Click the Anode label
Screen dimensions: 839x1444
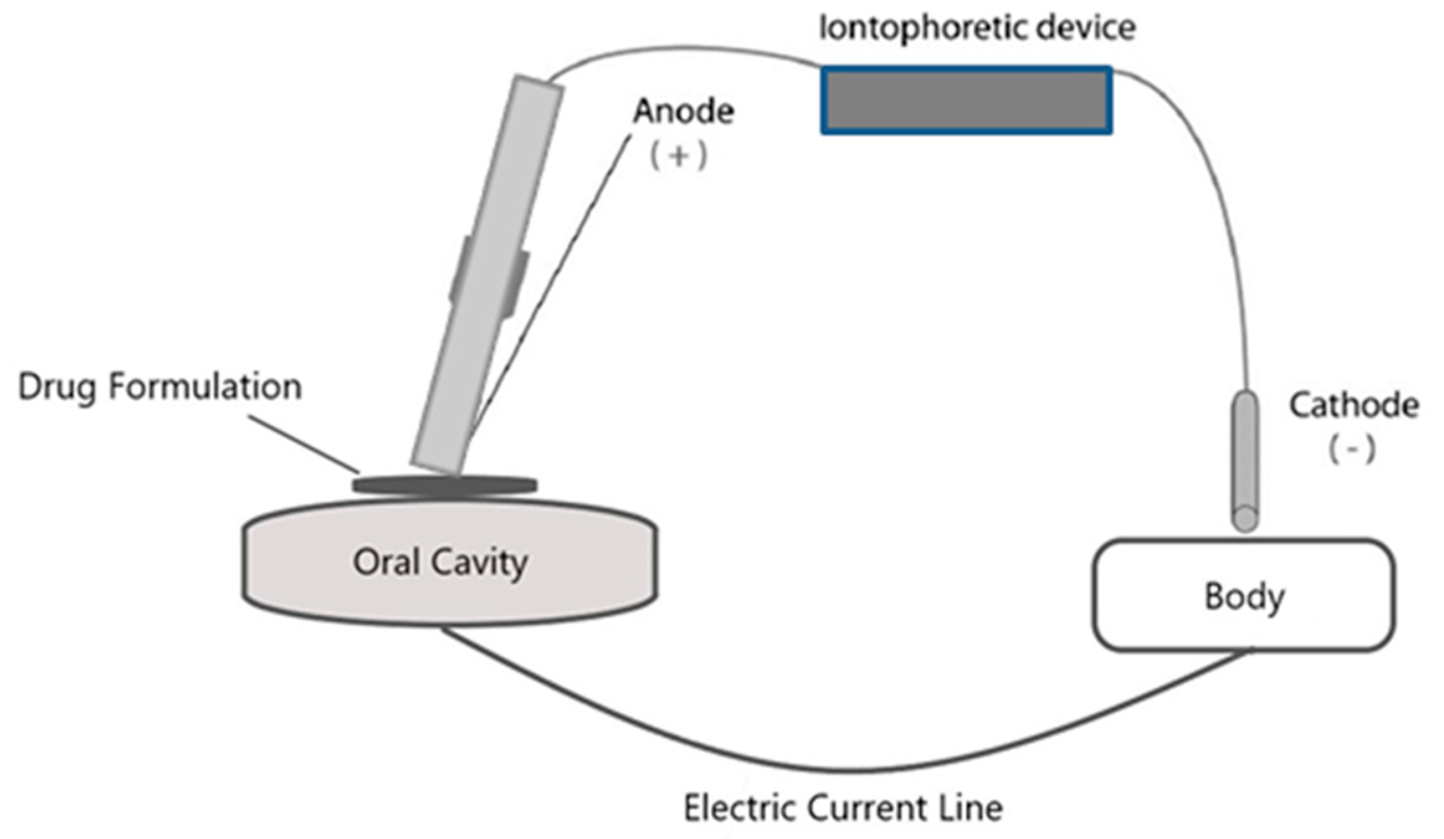(x=683, y=112)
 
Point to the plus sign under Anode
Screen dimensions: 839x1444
(x=678, y=156)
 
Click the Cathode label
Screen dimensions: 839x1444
(x=1353, y=406)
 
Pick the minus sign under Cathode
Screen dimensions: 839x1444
(x=1352, y=448)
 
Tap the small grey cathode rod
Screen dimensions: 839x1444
(x=1245, y=460)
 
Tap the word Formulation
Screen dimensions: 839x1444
(x=205, y=387)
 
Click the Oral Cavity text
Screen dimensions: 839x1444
(x=440, y=563)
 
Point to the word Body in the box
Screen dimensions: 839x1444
(x=1245, y=597)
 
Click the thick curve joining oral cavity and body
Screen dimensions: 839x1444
(x=851, y=771)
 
